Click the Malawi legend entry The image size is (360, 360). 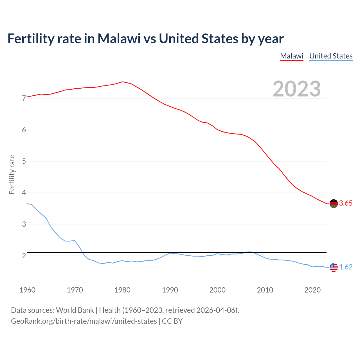click(292, 56)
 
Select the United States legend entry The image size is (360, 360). click(331, 56)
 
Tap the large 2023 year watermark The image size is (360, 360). click(296, 89)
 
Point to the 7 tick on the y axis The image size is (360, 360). click(24, 98)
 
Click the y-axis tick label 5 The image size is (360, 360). click(24, 161)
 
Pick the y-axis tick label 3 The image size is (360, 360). click(24, 224)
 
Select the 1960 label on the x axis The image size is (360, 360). click(27, 290)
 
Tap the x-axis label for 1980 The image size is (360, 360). click(122, 290)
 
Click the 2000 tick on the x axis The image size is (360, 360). click(217, 290)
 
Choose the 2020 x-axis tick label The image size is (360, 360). click(312, 290)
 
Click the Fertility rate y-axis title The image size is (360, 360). click(12, 174)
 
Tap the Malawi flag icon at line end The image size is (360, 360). click(334, 203)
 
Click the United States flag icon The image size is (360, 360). click(334, 267)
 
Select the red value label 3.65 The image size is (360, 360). click(346, 203)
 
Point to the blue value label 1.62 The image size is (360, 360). click(346, 267)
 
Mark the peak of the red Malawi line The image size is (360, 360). click(122, 82)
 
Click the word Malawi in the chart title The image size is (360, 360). click(119, 39)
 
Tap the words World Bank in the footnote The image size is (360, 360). click(75, 310)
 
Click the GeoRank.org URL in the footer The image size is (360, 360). click(84, 321)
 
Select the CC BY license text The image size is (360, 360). click(172, 321)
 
